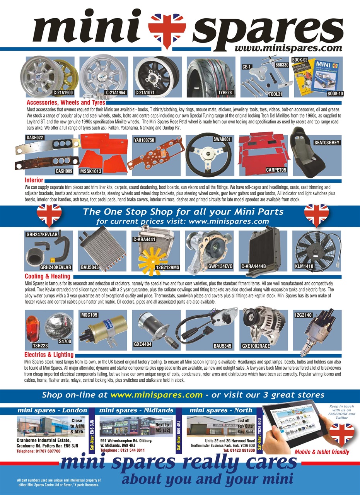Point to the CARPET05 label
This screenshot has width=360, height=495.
[x=276, y=169]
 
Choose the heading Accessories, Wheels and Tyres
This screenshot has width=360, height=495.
[x=66, y=103]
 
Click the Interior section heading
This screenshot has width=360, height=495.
[x=34, y=180]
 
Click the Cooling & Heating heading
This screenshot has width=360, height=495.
[x=48, y=277]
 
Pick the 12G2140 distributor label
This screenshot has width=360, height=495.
[x=303, y=316]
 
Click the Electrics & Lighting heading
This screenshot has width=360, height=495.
[x=49, y=354]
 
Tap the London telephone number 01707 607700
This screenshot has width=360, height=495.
[x=39, y=451]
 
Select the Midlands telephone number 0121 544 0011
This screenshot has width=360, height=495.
[x=123, y=450]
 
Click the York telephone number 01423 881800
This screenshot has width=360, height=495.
[x=239, y=450]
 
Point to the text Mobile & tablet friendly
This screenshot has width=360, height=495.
[x=322, y=452]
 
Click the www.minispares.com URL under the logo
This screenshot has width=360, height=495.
[x=288, y=48]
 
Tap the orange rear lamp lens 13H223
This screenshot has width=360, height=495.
[x=32, y=327]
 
